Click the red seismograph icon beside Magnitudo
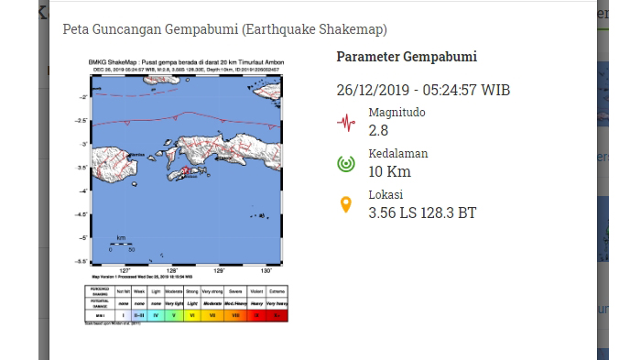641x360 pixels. [346, 122]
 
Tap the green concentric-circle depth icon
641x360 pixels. [346, 164]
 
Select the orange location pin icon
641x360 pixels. [346, 205]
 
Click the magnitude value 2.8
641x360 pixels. [378, 131]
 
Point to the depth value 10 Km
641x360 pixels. [389, 172]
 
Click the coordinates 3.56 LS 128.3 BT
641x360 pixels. [422, 213]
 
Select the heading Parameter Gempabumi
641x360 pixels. [407, 57]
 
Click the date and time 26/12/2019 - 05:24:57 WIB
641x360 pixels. [423, 90]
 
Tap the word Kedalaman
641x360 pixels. [397, 154]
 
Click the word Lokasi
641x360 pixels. [386, 195]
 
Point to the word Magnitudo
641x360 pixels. [397, 113]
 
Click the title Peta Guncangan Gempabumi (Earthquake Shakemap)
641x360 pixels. [224, 29]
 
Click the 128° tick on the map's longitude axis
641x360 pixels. [171, 270]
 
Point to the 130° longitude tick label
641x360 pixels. [266, 270]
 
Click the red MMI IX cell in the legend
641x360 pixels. [256, 315]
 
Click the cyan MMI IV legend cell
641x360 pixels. [156, 315]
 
